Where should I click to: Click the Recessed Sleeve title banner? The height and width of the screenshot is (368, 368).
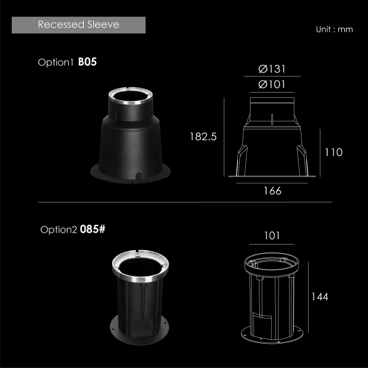click(78, 25)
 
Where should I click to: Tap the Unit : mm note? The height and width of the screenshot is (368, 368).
click(334, 29)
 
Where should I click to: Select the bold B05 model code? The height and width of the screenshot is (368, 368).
click(87, 62)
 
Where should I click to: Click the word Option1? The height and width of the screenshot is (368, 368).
click(56, 62)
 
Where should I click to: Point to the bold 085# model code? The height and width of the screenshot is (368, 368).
click(93, 229)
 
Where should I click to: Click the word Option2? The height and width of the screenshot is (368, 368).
click(58, 230)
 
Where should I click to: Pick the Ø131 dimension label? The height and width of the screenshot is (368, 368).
click(272, 69)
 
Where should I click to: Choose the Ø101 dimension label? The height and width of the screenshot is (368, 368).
click(272, 84)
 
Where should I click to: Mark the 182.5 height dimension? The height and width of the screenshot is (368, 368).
click(203, 137)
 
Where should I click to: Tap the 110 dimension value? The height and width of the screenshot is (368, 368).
click(334, 153)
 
